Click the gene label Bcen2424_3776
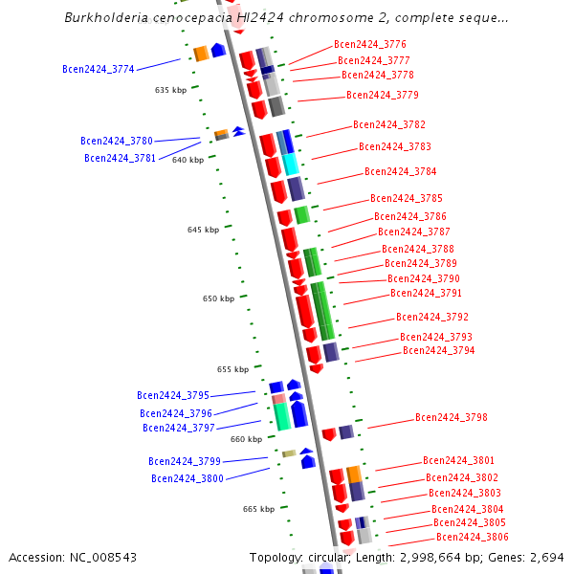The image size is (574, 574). [369, 44]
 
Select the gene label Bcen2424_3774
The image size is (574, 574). [99, 69]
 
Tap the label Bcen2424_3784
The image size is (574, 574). [400, 172]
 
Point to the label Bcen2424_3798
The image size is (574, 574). [451, 417]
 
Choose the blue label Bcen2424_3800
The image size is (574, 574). [187, 478]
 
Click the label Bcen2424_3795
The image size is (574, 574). [172, 395]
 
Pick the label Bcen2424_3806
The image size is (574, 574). [472, 538]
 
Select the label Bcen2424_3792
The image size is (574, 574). [431, 317]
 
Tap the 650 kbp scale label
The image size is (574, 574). [218, 298]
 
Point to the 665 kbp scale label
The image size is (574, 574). [258, 509]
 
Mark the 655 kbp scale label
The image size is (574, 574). [232, 369]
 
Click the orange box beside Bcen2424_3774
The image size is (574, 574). [201, 54]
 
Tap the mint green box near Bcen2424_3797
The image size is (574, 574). [281, 416]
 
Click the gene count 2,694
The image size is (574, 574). [546, 557]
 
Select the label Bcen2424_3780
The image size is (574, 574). [117, 141]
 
